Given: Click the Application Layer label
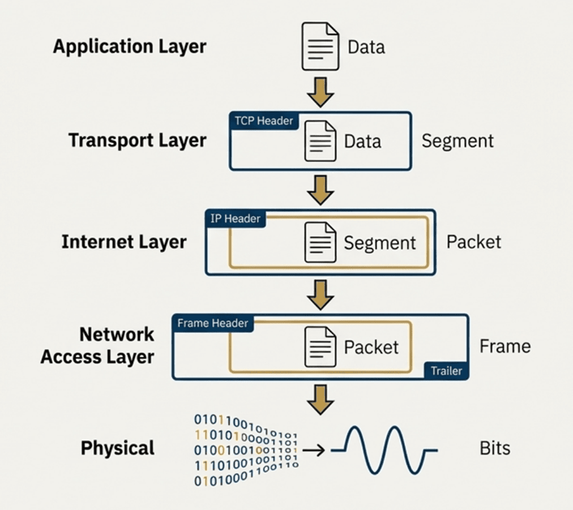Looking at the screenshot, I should click(x=129, y=46).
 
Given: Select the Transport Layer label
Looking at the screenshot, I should click(x=137, y=140).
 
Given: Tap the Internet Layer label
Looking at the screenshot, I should click(x=123, y=242).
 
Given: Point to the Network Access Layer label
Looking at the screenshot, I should click(x=97, y=346).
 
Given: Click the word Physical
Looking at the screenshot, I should click(x=117, y=448).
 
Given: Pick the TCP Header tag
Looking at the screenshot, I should click(x=264, y=121).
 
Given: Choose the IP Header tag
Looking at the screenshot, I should click(x=236, y=218).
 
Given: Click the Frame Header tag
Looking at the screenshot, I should click(x=212, y=323).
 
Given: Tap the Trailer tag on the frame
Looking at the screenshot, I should click(x=446, y=371).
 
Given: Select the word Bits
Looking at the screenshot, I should click(x=495, y=448).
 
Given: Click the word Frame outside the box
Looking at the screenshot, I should click(x=505, y=346).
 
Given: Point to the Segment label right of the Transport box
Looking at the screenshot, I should click(x=457, y=141).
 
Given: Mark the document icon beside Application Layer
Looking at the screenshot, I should click(x=320, y=46).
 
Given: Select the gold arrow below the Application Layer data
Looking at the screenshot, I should click(x=320, y=92).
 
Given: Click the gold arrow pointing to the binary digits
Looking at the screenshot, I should click(x=320, y=399).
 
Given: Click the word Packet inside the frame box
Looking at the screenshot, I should click(x=371, y=347).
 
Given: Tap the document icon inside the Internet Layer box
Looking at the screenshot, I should click(x=320, y=242).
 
